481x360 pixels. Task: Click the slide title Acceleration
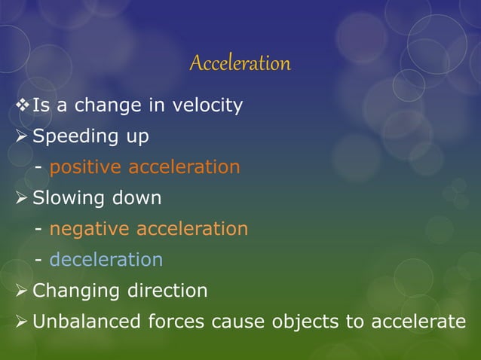[x=240, y=63]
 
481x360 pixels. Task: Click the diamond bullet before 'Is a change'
[x=21, y=105]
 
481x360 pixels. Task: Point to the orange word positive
[x=86, y=167]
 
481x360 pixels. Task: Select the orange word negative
[x=90, y=228]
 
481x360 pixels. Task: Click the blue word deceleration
[x=106, y=260]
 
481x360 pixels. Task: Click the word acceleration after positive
[x=184, y=167]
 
